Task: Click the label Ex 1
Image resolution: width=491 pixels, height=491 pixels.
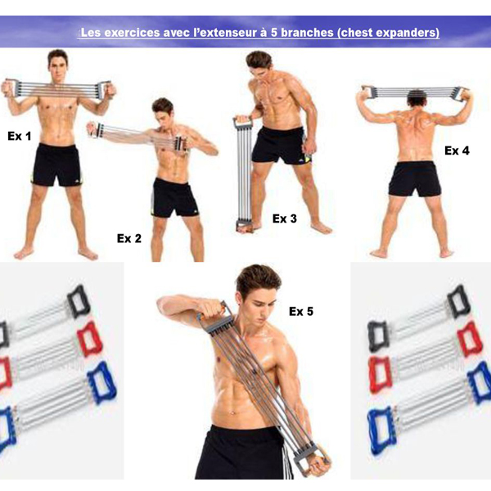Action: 20,136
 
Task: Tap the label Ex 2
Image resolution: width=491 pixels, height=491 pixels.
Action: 128,238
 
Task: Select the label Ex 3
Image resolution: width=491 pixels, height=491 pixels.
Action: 285,218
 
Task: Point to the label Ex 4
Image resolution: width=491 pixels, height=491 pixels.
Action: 457,151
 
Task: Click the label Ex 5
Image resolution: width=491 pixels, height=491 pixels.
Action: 301,311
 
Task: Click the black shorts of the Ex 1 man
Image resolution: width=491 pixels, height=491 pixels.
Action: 57,164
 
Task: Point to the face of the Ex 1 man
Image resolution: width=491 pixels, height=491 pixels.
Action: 57,65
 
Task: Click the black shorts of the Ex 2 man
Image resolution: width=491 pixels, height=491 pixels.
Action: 174,197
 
